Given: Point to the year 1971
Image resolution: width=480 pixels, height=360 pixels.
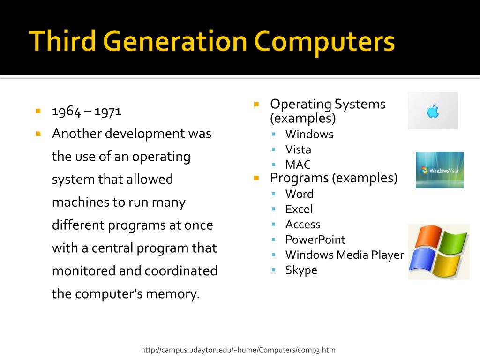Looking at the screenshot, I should click(108, 112).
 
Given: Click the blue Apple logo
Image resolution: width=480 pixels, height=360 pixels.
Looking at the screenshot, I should click(433, 111).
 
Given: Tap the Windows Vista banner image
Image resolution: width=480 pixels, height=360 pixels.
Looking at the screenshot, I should click(440, 170).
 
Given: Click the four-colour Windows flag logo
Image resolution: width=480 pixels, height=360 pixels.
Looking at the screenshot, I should click(438, 252).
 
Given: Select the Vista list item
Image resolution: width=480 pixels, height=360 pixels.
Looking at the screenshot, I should click(298, 150).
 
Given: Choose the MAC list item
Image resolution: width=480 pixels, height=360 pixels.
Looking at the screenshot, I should click(298, 165).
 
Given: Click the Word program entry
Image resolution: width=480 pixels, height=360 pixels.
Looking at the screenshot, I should click(299, 194).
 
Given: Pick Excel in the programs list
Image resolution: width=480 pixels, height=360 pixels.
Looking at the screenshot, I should click(299, 209).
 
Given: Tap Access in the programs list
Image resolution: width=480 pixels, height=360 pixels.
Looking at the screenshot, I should click(303, 225).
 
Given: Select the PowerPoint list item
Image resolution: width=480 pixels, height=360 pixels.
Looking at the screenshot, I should click(315, 240).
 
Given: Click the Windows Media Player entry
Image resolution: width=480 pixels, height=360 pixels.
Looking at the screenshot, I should click(344, 255).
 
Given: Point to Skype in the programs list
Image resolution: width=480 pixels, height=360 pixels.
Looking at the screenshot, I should click(301, 270).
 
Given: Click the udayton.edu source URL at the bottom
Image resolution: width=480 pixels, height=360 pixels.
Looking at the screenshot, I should click(238, 350).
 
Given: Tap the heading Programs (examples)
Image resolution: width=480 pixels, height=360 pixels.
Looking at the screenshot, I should click(334, 178).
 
